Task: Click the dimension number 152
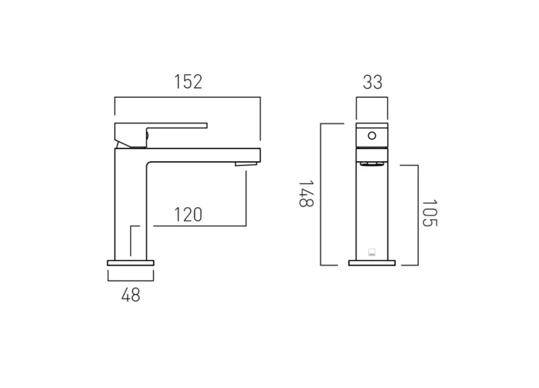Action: (188, 81)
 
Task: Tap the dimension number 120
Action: (188, 215)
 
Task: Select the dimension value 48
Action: (131, 296)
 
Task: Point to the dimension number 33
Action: (372, 82)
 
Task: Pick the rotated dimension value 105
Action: (430, 213)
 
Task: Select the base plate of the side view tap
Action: (131, 263)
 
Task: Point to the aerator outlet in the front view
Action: (371, 163)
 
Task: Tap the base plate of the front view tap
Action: (371, 263)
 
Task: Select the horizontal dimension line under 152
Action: (188, 97)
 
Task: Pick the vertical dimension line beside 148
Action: (321, 194)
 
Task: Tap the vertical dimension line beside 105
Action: (418, 214)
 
